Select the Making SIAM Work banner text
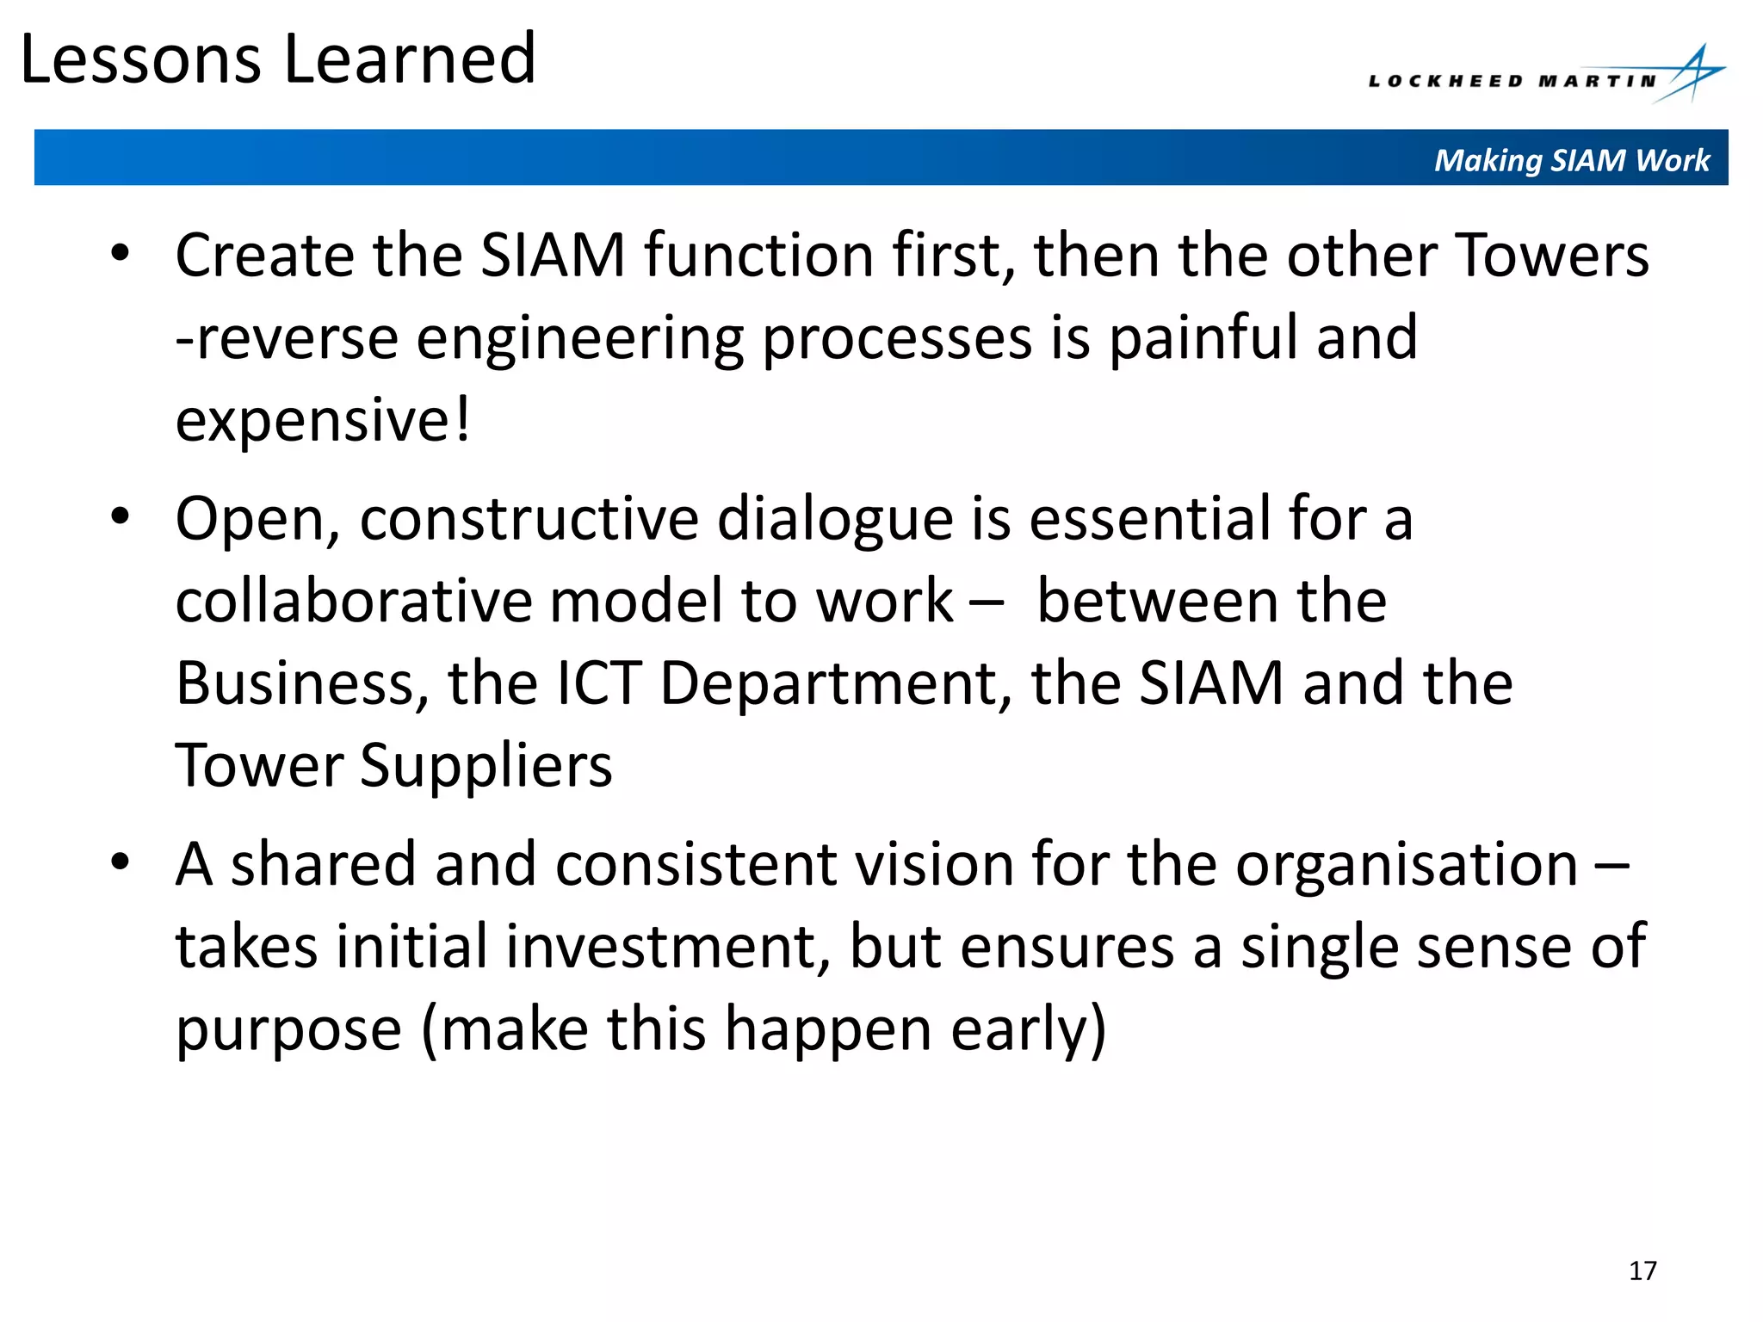(x=1571, y=160)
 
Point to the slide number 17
(x=1642, y=1270)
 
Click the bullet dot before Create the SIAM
(x=120, y=254)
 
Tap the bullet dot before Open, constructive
(x=120, y=517)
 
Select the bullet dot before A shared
(x=120, y=862)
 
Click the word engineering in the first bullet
(x=579, y=339)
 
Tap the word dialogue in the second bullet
(x=835, y=519)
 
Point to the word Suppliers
(x=486, y=765)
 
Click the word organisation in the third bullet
(x=1407, y=864)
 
